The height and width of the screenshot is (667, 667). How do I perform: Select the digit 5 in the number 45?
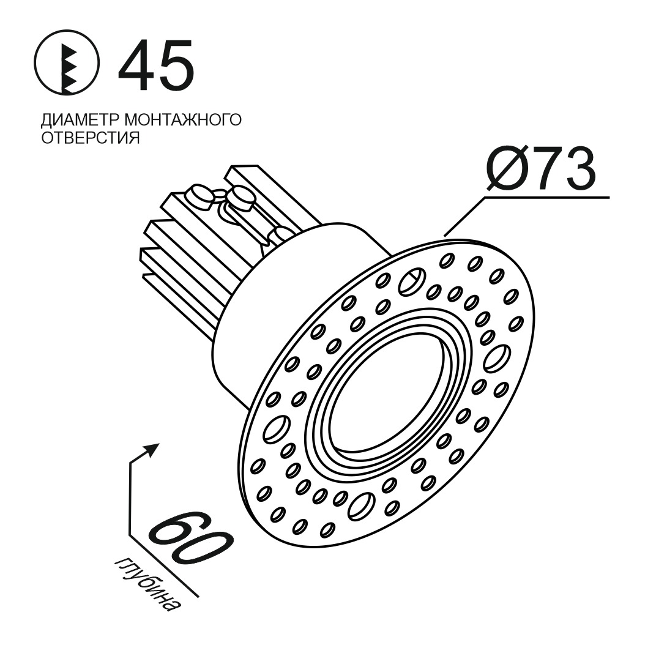(x=176, y=65)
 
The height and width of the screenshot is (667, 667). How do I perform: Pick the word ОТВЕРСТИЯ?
(x=91, y=138)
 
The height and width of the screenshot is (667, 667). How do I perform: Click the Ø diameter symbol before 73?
(x=509, y=169)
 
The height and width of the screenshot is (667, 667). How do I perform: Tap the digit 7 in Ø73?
(x=547, y=169)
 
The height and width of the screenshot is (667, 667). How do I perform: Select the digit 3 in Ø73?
(x=579, y=169)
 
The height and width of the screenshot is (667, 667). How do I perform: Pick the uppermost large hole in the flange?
(x=409, y=282)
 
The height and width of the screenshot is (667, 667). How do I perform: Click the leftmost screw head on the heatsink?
(x=199, y=195)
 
